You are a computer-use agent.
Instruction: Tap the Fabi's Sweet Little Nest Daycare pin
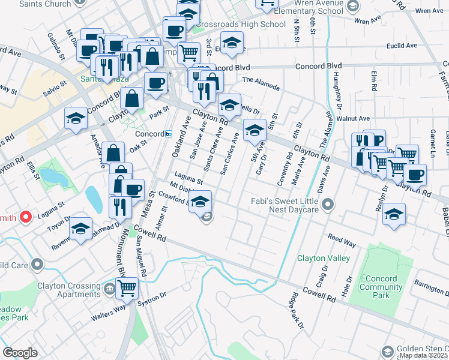click(x=327, y=206)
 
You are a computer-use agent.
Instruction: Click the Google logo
click(x=20, y=353)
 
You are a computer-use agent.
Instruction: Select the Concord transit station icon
click(x=170, y=134)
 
